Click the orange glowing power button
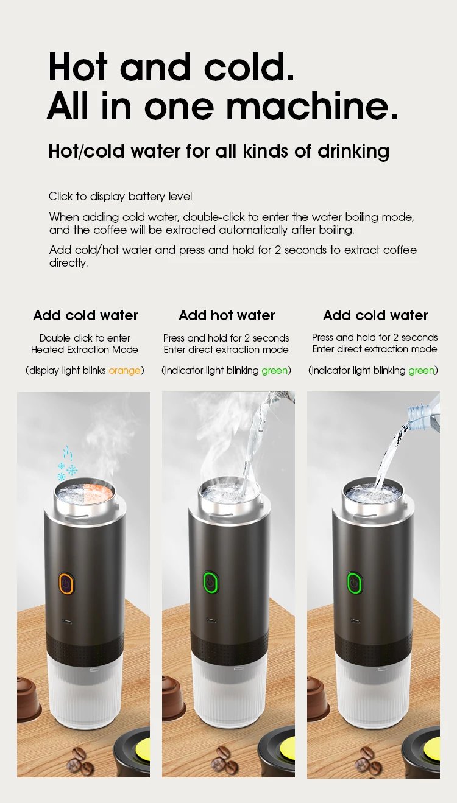tap(66, 583)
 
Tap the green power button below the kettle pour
tap(210, 583)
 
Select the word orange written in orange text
tap(124, 370)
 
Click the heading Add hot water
tap(227, 315)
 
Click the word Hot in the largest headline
tap(79, 67)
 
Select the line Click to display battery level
tap(120, 196)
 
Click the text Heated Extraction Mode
tap(85, 349)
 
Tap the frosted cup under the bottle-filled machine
tap(372, 694)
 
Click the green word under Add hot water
tap(274, 370)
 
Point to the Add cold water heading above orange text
tap(85, 315)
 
